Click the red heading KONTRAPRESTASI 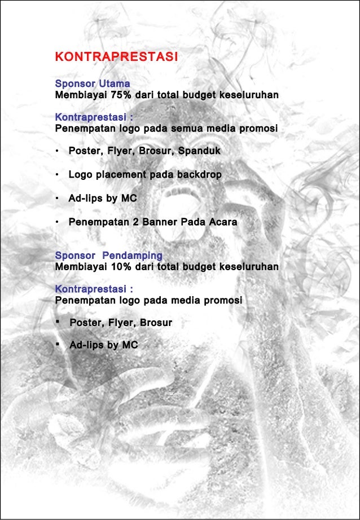[x=117, y=57]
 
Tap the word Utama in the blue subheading [x=115, y=84]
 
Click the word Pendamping [x=135, y=255]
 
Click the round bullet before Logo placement [x=58, y=175]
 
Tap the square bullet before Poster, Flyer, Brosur [x=58, y=322]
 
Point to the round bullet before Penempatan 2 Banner [x=58, y=223]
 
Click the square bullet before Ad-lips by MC [x=58, y=345]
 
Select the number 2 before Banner [x=135, y=222]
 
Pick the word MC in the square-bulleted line [x=130, y=345]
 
